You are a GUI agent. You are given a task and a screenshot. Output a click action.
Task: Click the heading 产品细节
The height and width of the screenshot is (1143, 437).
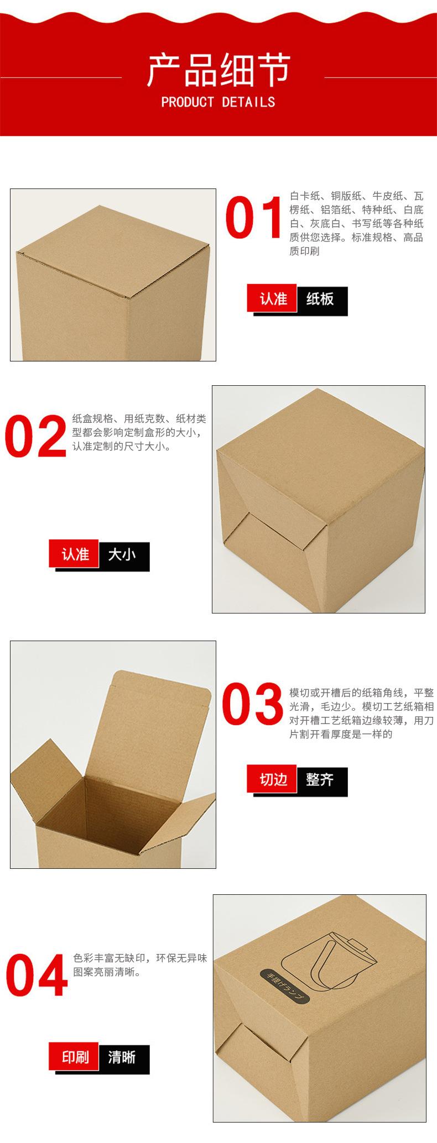click(x=218, y=70)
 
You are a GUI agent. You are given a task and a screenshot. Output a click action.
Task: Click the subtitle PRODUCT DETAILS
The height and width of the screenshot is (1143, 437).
click(x=218, y=102)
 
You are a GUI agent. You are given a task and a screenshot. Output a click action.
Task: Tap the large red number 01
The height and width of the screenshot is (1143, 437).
click(x=254, y=218)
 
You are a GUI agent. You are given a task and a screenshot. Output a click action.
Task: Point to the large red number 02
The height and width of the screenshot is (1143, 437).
click(x=35, y=437)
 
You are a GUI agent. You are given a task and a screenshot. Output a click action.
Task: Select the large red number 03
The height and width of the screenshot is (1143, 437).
click(x=253, y=704)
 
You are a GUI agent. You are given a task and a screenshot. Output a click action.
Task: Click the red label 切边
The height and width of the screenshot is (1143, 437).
click(x=272, y=779)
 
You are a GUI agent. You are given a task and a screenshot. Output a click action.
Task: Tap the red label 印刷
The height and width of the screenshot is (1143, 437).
click(x=74, y=1057)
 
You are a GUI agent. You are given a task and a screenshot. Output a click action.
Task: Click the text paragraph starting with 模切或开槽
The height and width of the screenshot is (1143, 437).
click(x=361, y=714)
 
